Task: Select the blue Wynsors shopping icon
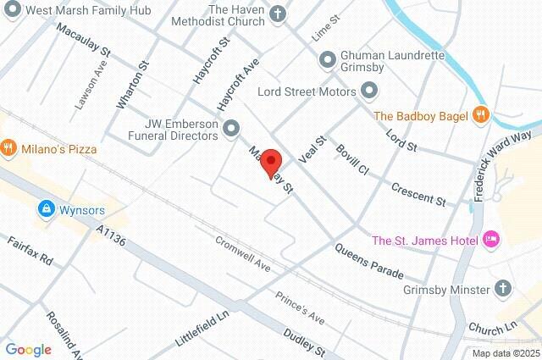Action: (44, 208)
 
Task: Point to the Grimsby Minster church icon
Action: (506, 287)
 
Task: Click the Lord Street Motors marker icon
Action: (368, 90)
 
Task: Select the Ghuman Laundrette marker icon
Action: (327, 58)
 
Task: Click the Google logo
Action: (28, 350)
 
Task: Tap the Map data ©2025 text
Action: (506, 353)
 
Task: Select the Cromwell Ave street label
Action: (242, 252)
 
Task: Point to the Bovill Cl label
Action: (352, 159)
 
